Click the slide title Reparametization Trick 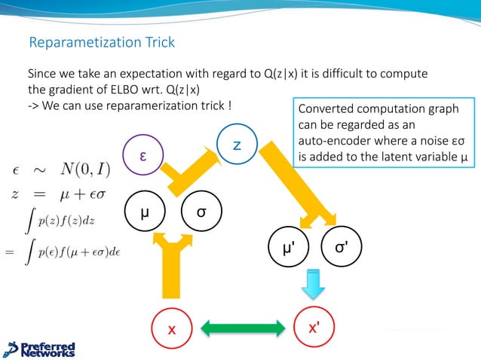(101, 42)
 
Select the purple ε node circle (142, 154)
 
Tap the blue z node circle (236, 144)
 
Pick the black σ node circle (201, 212)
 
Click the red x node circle (171, 329)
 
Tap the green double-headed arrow (242, 329)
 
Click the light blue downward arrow (313, 285)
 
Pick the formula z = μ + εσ (61, 194)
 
